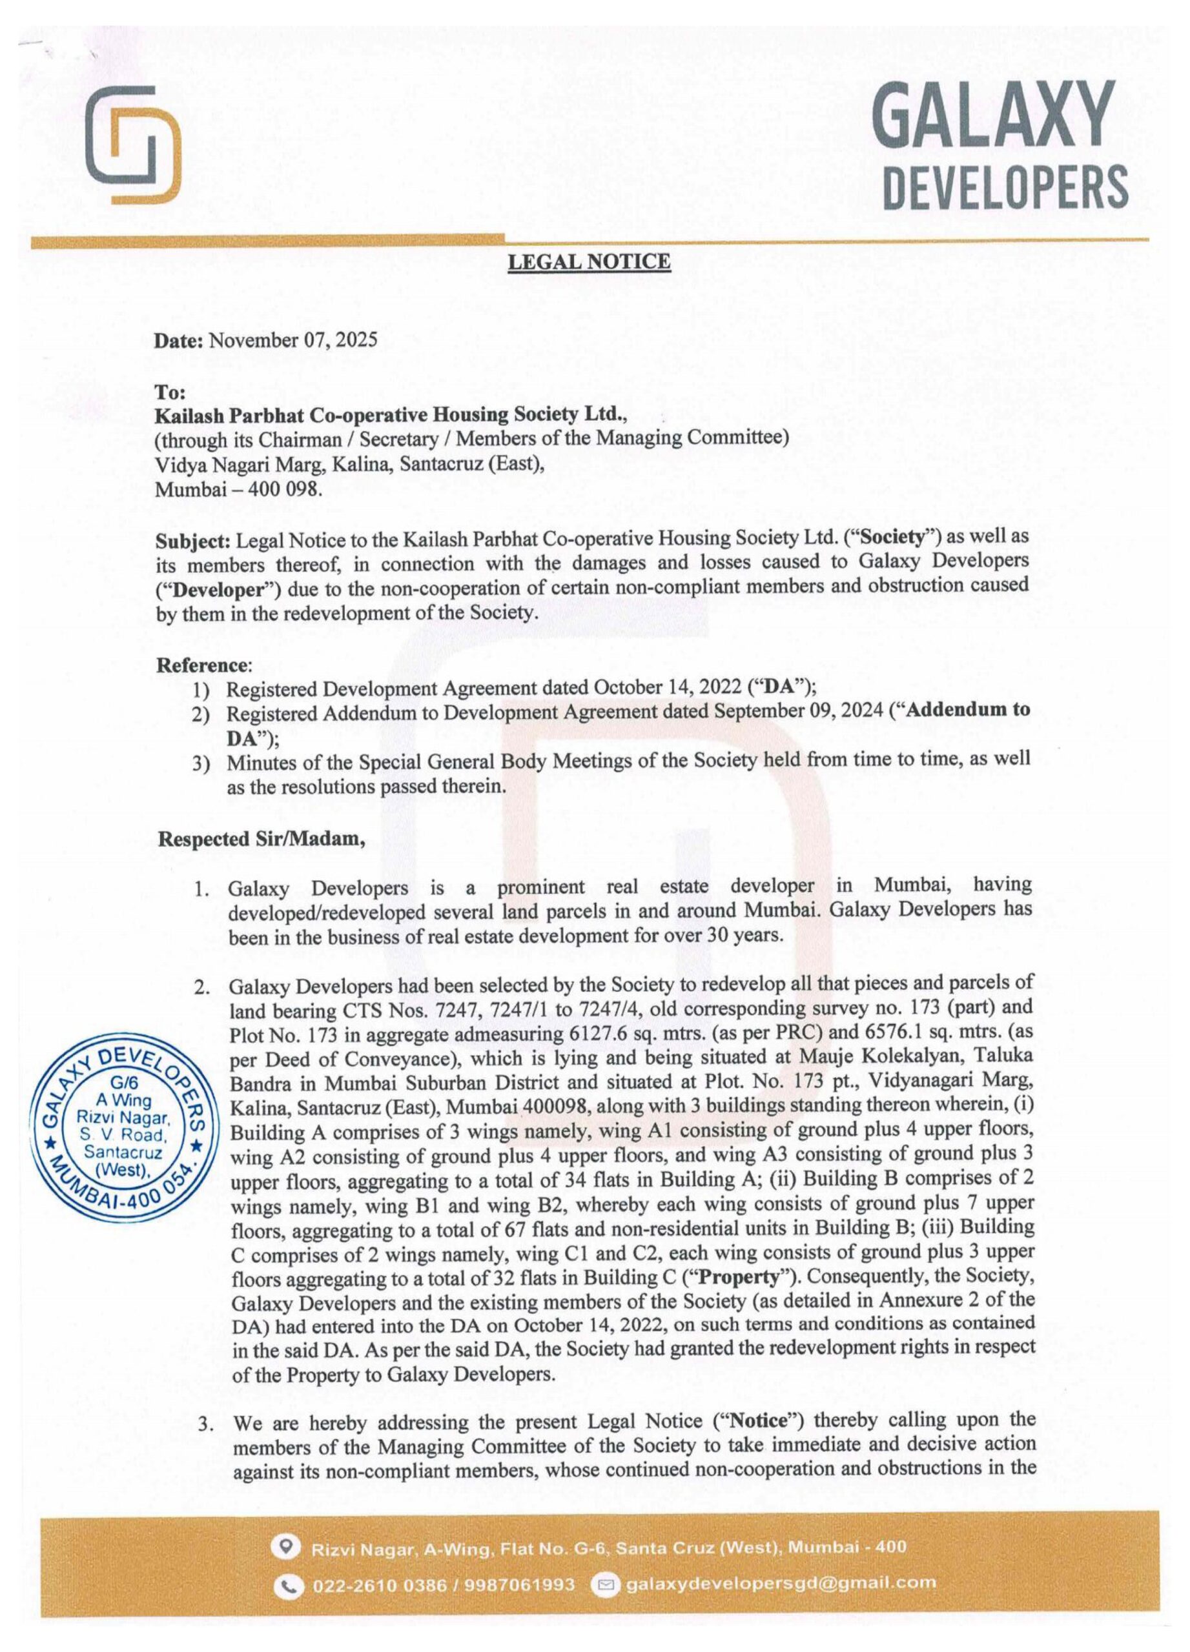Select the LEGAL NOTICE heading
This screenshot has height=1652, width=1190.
click(589, 261)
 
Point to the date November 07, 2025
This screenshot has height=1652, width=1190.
click(293, 340)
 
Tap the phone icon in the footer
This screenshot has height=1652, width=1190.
click(291, 1583)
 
